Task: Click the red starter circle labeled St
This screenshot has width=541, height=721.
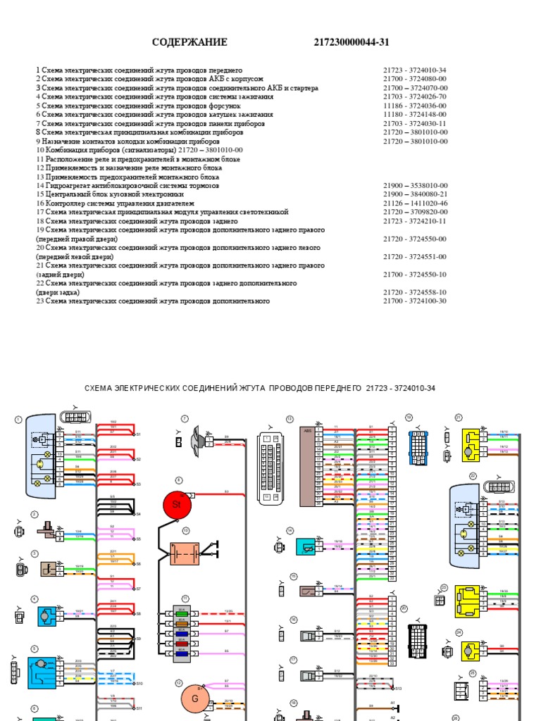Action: tap(177, 504)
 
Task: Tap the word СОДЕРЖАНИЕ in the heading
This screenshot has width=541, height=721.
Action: tap(189, 42)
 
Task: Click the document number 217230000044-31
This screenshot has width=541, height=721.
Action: tap(352, 42)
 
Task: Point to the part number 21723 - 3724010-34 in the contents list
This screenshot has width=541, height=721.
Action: tap(415, 70)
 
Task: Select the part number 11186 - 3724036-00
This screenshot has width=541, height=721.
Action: tap(415, 106)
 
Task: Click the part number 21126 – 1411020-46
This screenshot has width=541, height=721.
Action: tap(415, 203)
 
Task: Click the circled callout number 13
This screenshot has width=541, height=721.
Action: tap(290, 419)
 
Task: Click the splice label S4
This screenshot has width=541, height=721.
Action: tap(139, 515)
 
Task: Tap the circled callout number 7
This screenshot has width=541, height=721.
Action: tap(185, 419)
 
